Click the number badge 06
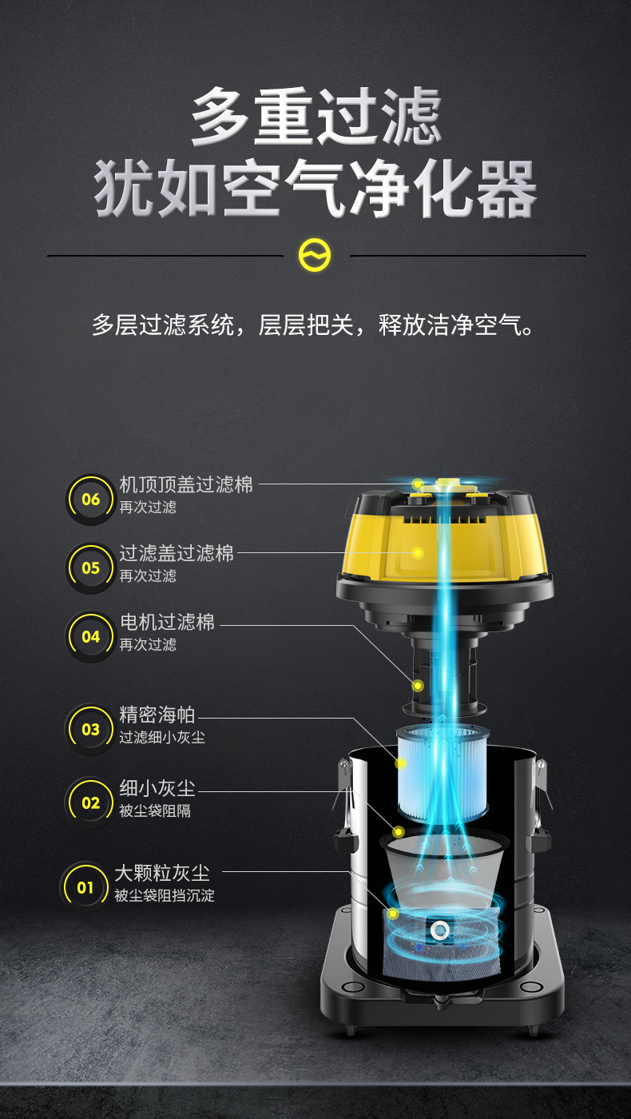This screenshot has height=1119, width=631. pyautogui.click(x=90, y=499)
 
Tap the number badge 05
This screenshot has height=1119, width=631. pyautogui.click(x=90, y=568)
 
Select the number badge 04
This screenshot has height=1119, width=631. pyautogui.click(x=90, y=637)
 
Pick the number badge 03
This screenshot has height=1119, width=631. pyautogui.click(x=90, y=729)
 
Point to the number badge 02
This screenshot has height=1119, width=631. pyautogui.click(x=90, y=802)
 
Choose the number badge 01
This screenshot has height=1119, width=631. pyautogui.click(x=85, y=888)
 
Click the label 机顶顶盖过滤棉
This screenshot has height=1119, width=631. pyautogui.click(x=186, y=484)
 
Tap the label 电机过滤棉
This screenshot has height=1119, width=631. pyautogui.click(x=167, y=622)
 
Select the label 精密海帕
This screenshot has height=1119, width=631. pyautogui.click(x=157, y=715)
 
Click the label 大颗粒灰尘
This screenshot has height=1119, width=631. pyautogui.click(x=162, y=873)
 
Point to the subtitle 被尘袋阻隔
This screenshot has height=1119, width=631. pyautogui.click(x=155, y=810)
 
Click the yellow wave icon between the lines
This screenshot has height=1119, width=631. pyautogui.click(x=315, y=255)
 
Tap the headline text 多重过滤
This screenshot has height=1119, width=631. pyautogui.click(x=316, y=116)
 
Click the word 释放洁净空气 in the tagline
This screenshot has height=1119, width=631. pyautogui.click(x=456, y=325)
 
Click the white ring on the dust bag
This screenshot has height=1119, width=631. pyautogui.click(x=439, y=930)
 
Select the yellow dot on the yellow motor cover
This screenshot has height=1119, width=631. pyautogui.click(x=418, y=552)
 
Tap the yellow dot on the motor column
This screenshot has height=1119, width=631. pyautogui.click(x=418, y=686)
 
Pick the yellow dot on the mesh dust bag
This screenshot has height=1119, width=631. pyautogui.click(x=393, y=914)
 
